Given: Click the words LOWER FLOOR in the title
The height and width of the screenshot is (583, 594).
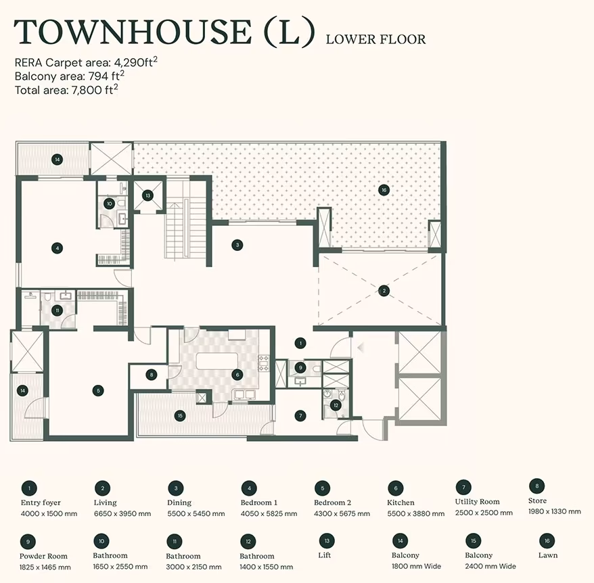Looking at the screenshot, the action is click(375, 39).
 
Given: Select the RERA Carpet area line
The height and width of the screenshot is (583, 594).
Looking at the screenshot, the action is click(86, 62).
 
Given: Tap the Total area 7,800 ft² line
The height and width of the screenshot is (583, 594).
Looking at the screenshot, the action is click(66, 89).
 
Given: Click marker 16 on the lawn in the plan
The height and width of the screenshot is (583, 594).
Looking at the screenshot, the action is click(384, 190).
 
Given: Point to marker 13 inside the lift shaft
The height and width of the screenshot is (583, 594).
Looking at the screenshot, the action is click(147, 195).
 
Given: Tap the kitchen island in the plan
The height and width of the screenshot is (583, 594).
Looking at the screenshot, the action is click(217, 360).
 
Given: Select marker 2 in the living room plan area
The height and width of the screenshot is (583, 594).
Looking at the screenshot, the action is click(384, 291).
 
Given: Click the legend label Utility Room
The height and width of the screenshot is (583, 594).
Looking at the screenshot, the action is click(478, 502).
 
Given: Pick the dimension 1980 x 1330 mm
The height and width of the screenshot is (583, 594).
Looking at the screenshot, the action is click(555, 511).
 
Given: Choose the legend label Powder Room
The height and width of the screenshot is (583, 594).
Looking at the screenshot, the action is click(43, 556).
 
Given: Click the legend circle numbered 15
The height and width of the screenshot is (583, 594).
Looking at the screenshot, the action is click(474, 541).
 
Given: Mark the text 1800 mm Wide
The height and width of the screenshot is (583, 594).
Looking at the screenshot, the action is click(416, 566).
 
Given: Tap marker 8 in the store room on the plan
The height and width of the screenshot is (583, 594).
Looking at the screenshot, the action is click(151, 375).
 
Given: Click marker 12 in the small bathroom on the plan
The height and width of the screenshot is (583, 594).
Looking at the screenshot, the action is click(336, 405).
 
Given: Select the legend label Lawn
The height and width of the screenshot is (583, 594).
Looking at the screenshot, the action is click(548, 555).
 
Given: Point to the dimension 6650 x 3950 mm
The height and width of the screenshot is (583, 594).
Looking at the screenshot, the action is click(122, 514).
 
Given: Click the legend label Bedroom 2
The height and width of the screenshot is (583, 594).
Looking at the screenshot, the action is click(332, 503).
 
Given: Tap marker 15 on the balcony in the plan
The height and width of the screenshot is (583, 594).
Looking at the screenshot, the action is click(180, 415).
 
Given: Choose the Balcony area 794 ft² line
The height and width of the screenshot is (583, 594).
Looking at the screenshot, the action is click(69, 76).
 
